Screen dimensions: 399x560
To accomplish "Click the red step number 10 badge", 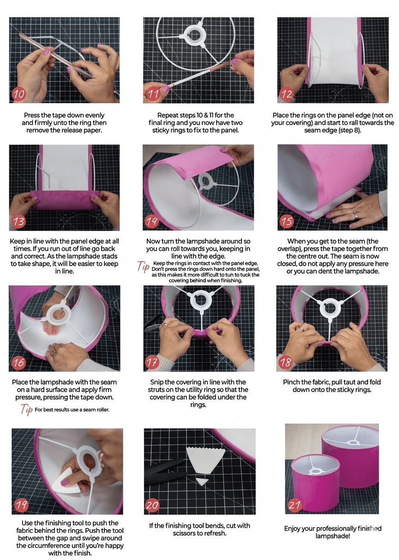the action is coord(19,94).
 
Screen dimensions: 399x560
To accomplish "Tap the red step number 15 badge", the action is coord(287,221).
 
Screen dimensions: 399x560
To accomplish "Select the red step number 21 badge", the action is coord(295,505).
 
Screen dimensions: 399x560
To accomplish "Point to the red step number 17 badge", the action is coord(152,362).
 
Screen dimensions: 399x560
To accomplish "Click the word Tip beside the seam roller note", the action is coord(27,409).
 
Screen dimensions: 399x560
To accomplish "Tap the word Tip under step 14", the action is coord(144,267).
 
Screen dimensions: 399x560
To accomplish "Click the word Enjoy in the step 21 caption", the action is coord(292,529).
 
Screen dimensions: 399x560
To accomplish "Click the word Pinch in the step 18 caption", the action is coord(291,382).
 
